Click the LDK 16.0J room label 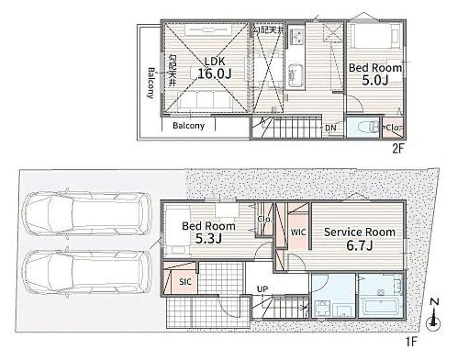214,68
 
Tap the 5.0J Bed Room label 376,74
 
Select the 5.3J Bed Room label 208,232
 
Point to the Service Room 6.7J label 360,239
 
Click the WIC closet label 299,232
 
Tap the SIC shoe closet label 186,282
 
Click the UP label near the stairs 262,289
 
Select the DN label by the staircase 330,127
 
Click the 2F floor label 398,149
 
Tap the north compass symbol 434,315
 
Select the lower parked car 87,272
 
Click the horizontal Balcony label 189,126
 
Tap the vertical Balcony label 150,83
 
